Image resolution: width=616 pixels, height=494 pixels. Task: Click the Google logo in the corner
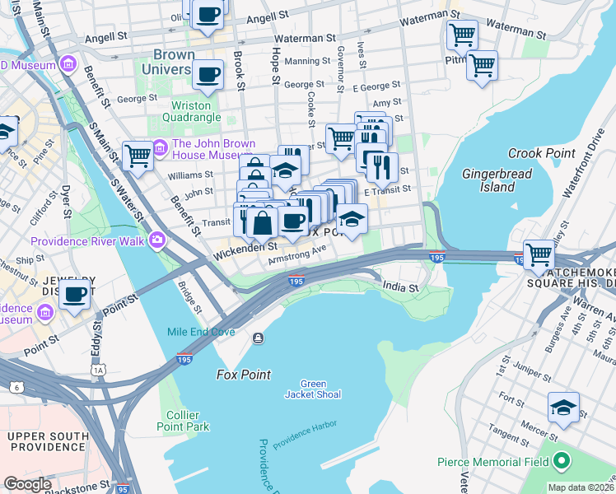pos(27,484)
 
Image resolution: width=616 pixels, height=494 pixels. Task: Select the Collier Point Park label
pos(183,421)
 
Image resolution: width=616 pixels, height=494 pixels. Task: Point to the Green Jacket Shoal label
pos(313,389)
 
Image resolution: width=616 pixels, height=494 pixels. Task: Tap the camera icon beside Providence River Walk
pos(156,240)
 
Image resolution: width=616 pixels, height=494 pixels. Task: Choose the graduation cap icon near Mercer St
pos(563,408)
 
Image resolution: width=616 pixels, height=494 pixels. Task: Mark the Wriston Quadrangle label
pos(195,111)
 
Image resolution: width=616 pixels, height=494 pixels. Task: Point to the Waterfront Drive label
pos(576,172)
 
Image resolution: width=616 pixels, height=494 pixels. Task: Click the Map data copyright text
pos(580,487)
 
